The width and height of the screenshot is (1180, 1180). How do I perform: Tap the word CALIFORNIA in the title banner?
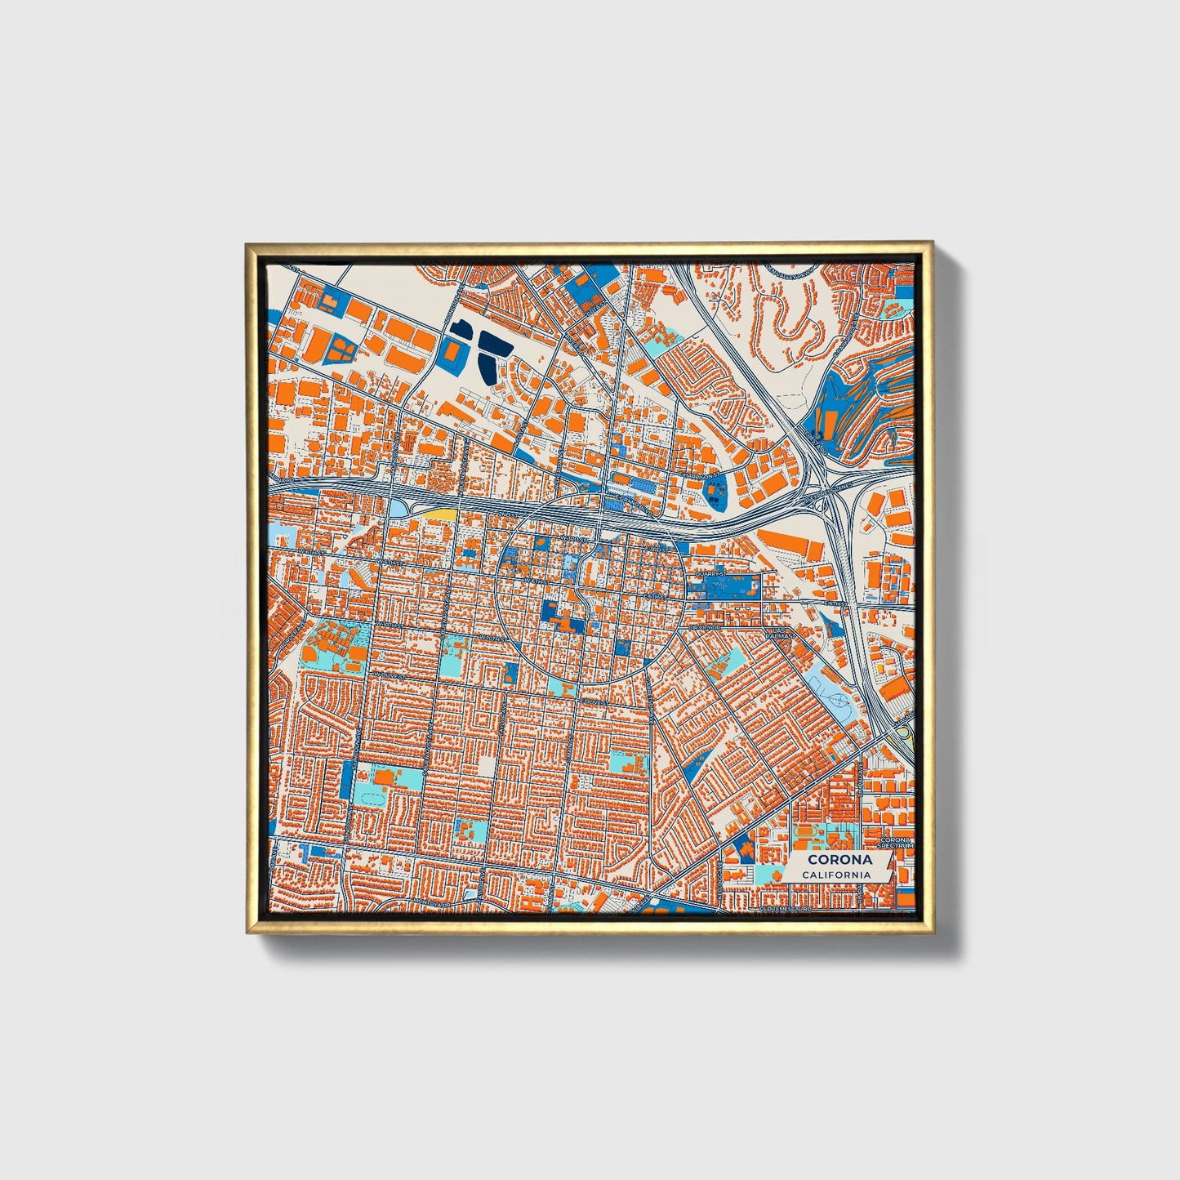click(835, 875)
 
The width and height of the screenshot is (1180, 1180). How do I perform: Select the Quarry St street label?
click(708, 574)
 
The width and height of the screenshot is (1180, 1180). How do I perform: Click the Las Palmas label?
click(781, 634)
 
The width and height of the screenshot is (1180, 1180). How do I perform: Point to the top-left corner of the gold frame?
click(247, 244)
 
